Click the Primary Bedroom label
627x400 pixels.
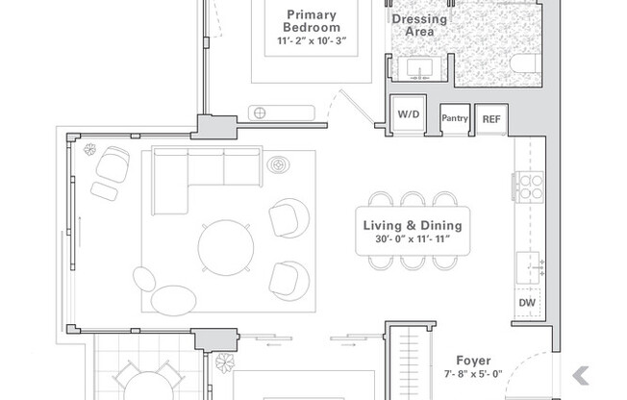(x=312, y=21)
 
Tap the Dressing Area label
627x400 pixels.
(x=419, y=25)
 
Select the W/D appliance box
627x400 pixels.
(x=409, y=113)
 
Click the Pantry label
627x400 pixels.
(x=455, y=118)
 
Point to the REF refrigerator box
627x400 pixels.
(x=491, y=119)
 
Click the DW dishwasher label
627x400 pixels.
(x=527, y=302)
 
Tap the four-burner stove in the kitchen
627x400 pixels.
(x=530, y=187)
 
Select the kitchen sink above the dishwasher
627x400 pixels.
(x=529, y=267)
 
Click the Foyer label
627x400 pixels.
(x=473, y=361)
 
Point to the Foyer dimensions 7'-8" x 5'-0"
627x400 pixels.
(x=473, y=374)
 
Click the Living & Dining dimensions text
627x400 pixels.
(x=413, y=239)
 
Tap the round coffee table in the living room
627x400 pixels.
(x=226, y=248)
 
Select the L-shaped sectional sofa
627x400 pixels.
(x=207, y=181)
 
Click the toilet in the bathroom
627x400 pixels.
(x=525, y=64)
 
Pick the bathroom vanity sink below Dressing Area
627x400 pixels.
(x=419, y=69)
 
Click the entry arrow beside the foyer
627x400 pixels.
(x=581, y=376)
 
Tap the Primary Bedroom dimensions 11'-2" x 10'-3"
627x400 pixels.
(x=312, y=41)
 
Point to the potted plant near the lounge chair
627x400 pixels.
(x=90, y=149)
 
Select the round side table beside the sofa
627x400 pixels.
(x=278, y=164)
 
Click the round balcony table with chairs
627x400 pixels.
(x=148, y=386)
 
